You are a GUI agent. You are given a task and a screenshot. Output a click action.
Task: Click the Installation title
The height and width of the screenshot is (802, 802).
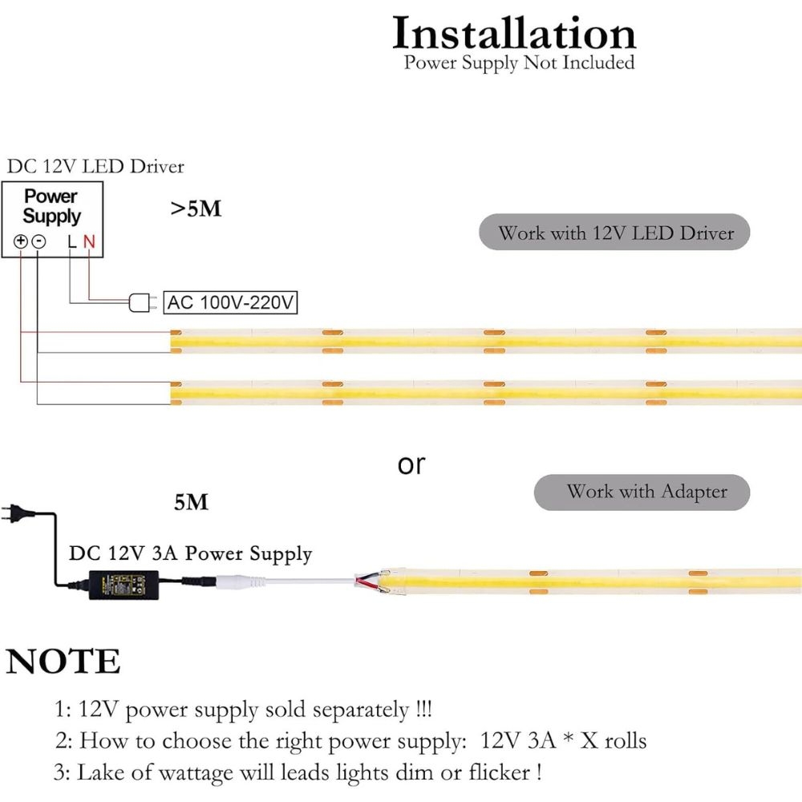click(514, 34)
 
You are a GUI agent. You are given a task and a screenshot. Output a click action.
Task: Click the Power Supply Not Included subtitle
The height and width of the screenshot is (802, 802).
click(519, 63)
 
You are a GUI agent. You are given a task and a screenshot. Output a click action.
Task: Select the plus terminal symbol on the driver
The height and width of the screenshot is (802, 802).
click(21, 241)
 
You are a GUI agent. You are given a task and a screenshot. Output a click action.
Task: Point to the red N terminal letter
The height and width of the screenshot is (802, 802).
click(89, 241)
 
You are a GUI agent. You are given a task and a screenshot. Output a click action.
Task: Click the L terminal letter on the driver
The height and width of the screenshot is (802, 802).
click(71, 241)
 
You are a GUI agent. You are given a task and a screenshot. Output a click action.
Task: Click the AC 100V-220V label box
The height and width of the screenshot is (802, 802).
click(231, 302)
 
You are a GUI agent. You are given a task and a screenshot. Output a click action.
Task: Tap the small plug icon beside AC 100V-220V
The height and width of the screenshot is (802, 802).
click(140, 302)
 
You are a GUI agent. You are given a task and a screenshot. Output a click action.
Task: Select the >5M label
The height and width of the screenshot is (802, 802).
click(196, 209)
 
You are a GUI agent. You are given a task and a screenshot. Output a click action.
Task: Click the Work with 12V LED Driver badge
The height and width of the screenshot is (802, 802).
click(615, 233)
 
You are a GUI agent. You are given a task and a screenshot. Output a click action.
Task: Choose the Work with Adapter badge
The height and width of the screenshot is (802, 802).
click(642, 492)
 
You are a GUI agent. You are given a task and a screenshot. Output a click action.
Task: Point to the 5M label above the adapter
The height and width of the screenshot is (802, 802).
click(191, 503)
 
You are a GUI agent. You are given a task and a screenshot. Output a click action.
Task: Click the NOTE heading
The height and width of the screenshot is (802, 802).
click(63, 662)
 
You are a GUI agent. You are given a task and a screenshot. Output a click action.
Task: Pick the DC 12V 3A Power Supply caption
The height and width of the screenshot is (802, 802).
click(190, 553)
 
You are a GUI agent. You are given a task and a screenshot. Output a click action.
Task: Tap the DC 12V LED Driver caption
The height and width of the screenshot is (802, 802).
click(95, 167)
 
